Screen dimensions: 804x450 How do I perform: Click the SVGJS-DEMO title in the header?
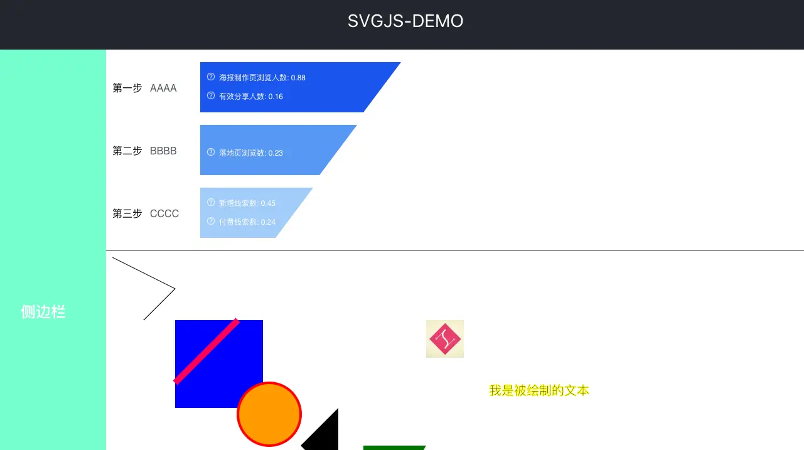(x=405, y=21)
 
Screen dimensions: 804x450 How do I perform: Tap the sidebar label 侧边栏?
(x=43, y=311)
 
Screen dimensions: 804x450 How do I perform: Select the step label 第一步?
(x=127, y=88)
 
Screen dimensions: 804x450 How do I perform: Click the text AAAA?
(x=163, y=88)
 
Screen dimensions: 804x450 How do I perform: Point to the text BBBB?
(x=163, y=151)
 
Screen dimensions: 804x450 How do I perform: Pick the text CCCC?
(x=164, y=214)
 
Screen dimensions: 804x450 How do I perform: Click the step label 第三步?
(x=127, y=214)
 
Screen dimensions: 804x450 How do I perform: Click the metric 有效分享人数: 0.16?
(x=250, y=97)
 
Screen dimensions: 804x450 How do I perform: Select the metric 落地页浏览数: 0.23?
(x=250, y=153)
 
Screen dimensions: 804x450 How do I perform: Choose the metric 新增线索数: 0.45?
(x=247, y=203)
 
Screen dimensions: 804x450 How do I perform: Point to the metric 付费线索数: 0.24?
(x=247, y=222)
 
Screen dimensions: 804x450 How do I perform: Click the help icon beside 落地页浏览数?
(x=211, y=153)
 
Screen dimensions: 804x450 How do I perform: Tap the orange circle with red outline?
(x=269, y=414)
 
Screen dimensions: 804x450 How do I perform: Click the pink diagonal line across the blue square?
(x=206, y=351)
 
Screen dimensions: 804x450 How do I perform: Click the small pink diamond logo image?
(x=445, y=339)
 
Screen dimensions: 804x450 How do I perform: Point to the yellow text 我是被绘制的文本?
(x=539, y=390)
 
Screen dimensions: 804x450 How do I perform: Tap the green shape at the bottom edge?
(x=394, y=447)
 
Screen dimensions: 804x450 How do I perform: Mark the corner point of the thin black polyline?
(x=174, y=289)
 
